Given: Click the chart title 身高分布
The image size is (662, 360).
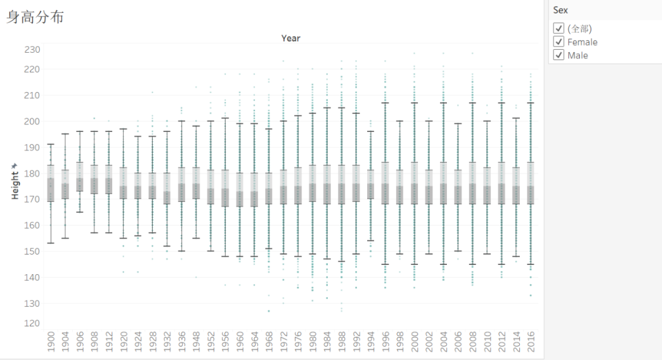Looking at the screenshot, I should (x=36, y=17).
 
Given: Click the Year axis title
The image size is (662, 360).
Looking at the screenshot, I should (x=291, y=38).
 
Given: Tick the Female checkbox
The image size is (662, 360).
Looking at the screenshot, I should (x=558, y=42).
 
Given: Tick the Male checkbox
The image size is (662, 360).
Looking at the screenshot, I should (x=558, y=55).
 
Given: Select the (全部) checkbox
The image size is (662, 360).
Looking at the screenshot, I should (x=558, y=28).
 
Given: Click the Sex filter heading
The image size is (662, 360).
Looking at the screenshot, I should (x=560, y=10).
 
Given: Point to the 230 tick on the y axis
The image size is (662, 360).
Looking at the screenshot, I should (x=32, y=49).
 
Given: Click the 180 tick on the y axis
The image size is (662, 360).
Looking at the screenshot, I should (x=32, y=174).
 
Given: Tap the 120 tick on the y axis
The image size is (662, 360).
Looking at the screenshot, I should (x=32, y=323).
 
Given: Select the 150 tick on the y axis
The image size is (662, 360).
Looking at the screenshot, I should (x=32, y=251).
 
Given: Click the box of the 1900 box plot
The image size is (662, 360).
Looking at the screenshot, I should (x=50, y=183).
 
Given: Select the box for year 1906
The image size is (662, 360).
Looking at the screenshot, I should (x=80, y=177).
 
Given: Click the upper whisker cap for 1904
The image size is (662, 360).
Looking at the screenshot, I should (x=65, y=134).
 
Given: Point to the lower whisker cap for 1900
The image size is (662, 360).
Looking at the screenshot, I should (x=50, y=243).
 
